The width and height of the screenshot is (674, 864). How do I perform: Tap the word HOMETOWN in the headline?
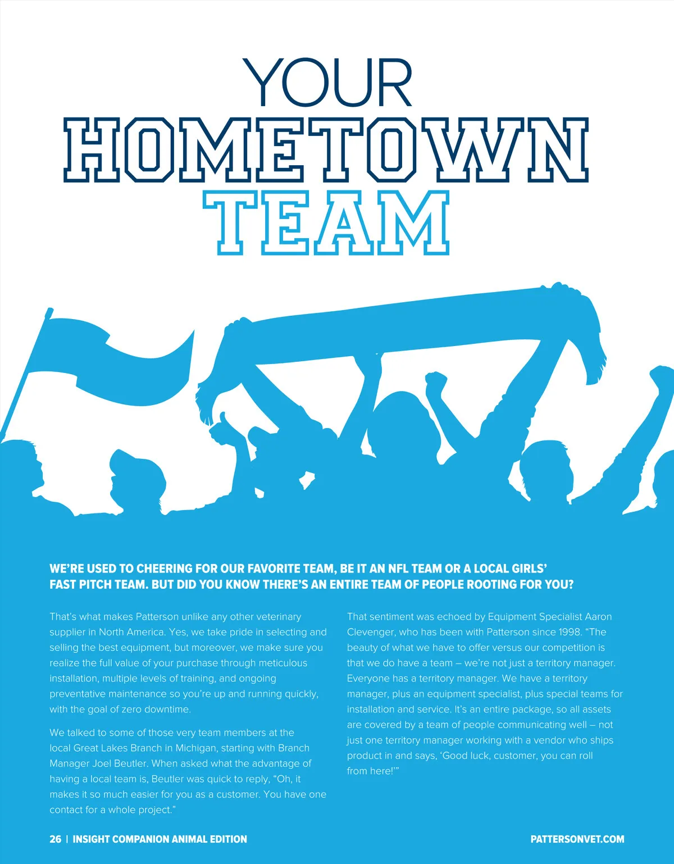pos(326,150)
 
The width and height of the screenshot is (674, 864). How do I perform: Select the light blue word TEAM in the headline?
pos(326,223)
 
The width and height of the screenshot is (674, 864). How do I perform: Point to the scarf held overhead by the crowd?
pos(404,323)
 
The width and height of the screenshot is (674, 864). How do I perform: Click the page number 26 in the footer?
pos(55,839)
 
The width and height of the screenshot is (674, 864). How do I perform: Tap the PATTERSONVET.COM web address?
pos(577,839)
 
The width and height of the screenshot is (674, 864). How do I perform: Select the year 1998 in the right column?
pos(570,632)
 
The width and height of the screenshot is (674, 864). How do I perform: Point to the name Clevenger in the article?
pos(371,632)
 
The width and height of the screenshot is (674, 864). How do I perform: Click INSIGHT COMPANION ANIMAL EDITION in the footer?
pos(160,839)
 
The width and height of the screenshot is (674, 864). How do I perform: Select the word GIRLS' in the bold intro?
pos(529,569)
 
